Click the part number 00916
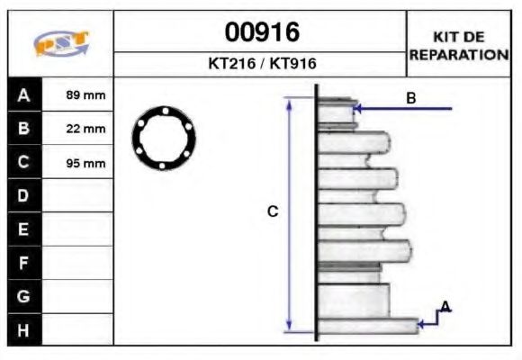pos(262,32)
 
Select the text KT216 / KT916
pos(262,65)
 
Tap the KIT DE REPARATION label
pos(459,45)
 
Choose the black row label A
pos(24,94)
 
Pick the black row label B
pos(24,129)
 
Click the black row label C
pos(24,163)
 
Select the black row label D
pos(24,196)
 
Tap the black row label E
pos(24,229)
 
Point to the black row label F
pos(24,263)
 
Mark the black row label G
pos(24,296)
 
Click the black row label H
pos(24,329)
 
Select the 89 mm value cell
pos(86,94)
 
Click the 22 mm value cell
pos(86,129)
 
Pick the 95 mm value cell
pos(86,163)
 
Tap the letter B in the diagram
pos(410,98)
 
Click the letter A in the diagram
pos(445,308)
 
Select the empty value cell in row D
pos(78,196)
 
